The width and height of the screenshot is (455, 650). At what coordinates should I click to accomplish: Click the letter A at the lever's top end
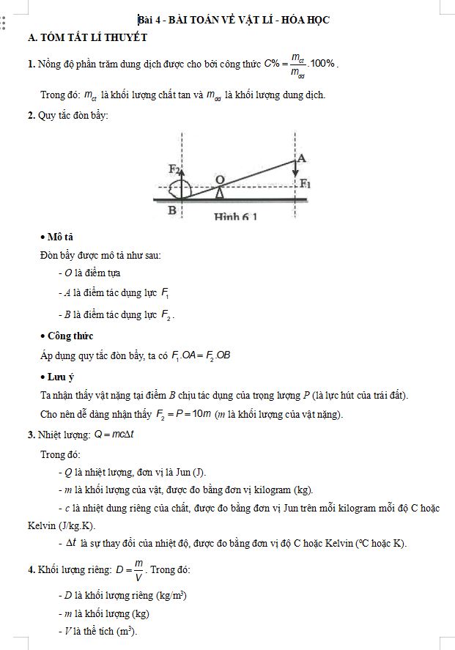point(302,158)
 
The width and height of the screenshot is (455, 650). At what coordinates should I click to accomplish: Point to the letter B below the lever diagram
point(172,210)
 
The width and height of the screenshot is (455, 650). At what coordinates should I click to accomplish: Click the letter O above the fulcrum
point(220,179)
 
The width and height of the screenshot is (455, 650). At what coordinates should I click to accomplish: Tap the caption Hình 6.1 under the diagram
point(235,217)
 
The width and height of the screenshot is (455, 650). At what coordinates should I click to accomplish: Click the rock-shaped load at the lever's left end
point(180,190)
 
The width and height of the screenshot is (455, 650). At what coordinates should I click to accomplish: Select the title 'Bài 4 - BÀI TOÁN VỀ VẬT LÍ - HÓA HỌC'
point(234,20)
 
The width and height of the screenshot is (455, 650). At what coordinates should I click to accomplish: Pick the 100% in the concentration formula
point(323,64)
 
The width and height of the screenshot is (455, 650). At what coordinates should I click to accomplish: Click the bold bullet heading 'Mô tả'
point(59,237)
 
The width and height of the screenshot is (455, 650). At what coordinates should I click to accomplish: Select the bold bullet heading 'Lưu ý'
point(61,377)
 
